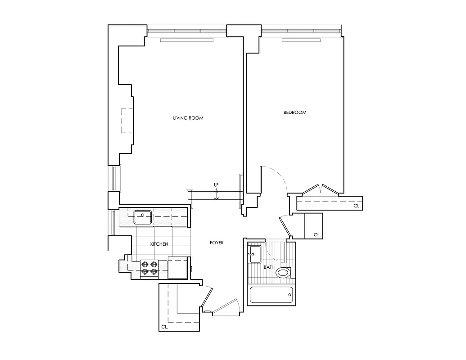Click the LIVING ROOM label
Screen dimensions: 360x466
pos(188,118)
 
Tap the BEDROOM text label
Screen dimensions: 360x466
pos(295,112)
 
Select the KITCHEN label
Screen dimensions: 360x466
pos(159,244)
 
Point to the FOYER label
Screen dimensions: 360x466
pos(217,243)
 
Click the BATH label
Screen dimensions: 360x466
pos(269,267)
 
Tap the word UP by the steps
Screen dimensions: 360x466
pos(216,185)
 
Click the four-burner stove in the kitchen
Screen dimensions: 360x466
pos(150,268)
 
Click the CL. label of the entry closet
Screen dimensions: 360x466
pos(164,327)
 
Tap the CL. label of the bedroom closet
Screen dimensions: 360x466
pos(357,205)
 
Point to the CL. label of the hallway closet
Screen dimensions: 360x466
pos(317,234)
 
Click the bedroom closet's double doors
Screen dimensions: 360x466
pos(320,189)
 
